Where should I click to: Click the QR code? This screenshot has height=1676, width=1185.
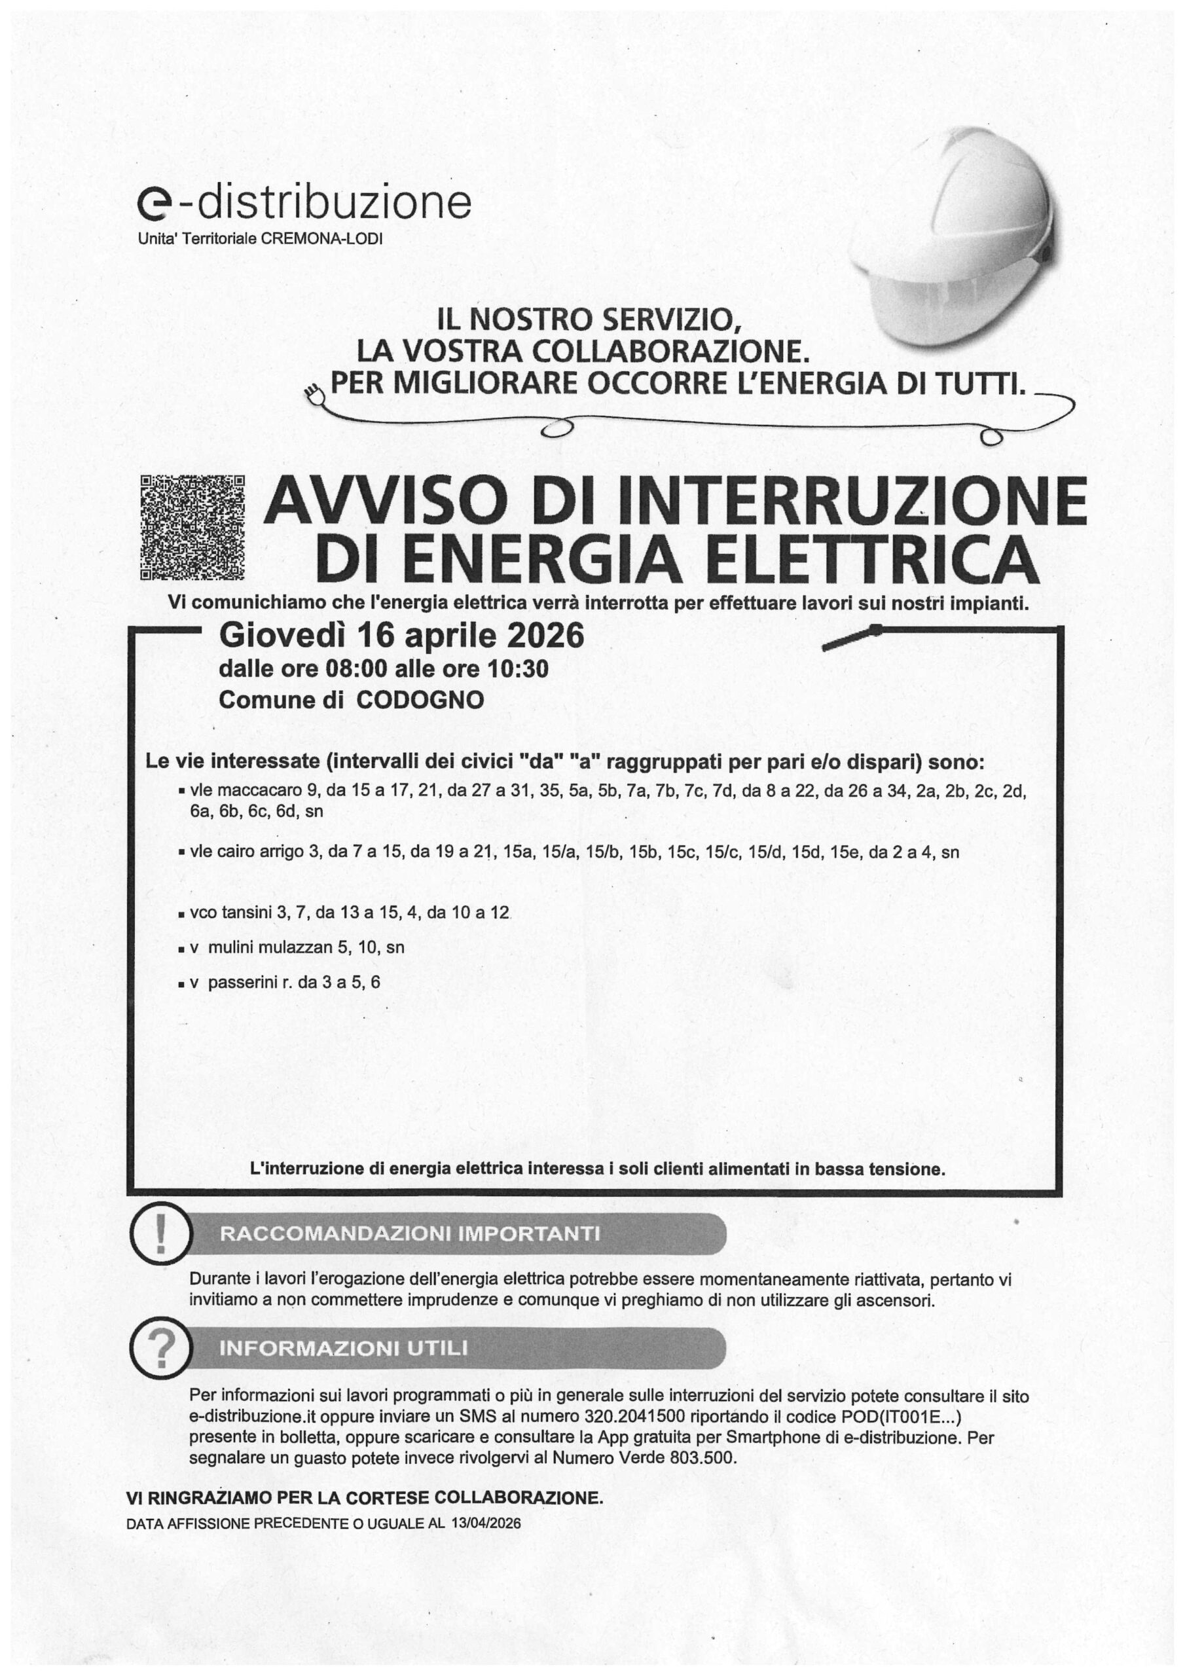[x=192, y=527]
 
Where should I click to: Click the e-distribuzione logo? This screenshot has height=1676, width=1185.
[x=304, y=204]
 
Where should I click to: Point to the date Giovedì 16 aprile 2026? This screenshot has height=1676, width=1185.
[x=401, y=635]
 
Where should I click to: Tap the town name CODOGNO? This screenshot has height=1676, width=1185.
[x=420, y=700]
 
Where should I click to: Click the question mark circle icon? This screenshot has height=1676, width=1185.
[x=160, y=1347]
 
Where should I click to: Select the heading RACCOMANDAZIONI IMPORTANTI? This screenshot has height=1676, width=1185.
[x=410, y=1233]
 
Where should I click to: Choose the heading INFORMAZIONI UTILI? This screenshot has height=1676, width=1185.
[x=343, y=1347]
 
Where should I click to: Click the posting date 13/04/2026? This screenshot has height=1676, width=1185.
[x=486, y=1523]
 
